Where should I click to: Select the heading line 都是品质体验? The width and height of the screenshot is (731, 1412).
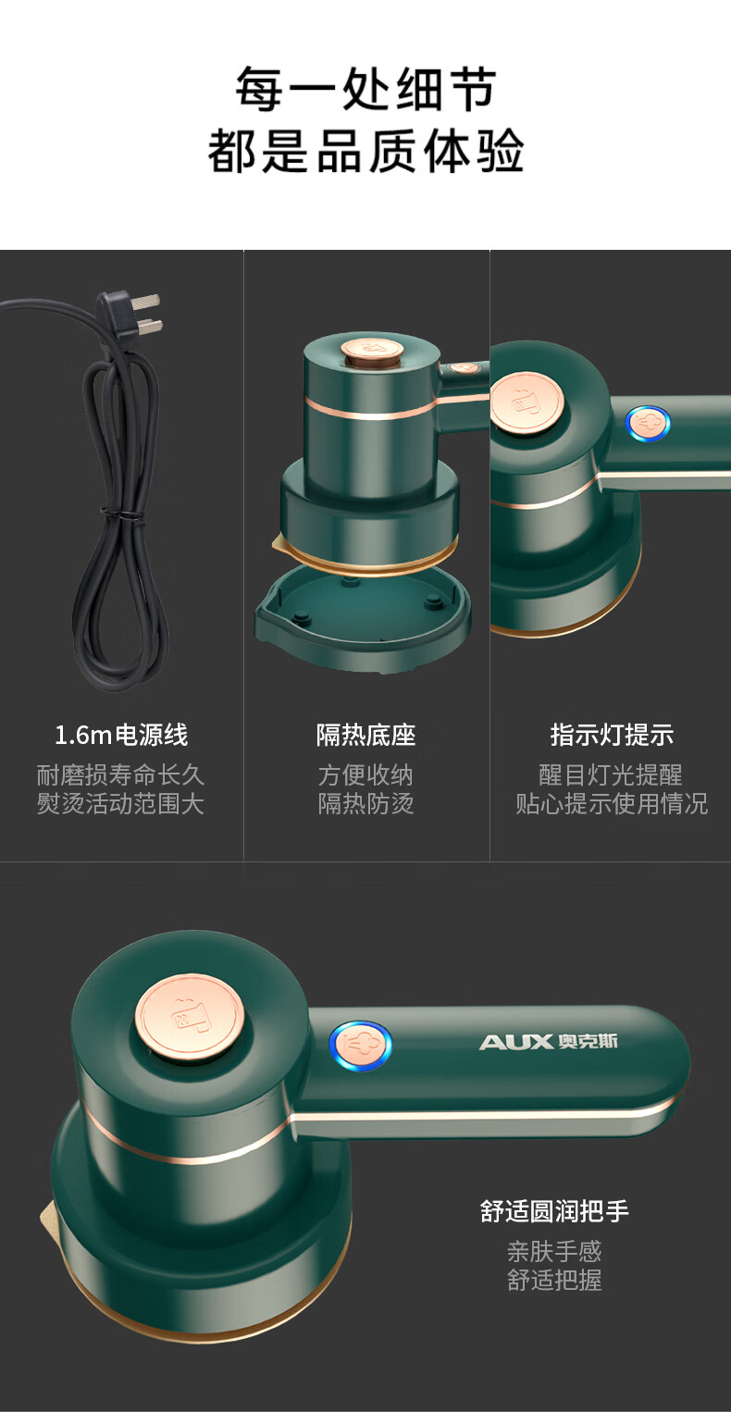click(x=365, y=152)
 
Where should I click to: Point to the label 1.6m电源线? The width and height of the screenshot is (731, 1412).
click(x=121, y=735)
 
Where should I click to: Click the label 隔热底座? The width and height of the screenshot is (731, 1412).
click(x=366, y=735)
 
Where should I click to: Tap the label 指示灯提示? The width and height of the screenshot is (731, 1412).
click(x=612, y=735)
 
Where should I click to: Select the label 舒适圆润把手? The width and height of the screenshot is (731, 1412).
click(x=554, y=1211)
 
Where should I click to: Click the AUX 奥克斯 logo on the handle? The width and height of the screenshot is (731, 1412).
click(x=548, y=1042)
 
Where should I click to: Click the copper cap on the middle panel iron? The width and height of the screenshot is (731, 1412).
click(x=372, y=350)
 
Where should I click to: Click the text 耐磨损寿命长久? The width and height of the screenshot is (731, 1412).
click(x=120, y=775)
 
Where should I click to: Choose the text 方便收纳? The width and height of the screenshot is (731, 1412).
click(x=365, y=775)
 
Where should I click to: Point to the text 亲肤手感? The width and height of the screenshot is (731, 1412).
click(x=554, y=1252)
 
